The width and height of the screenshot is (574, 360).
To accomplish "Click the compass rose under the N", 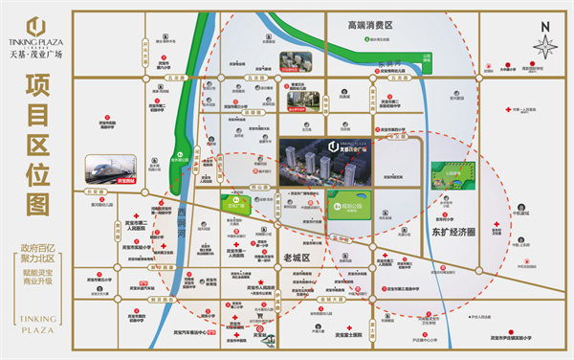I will click(545, 46).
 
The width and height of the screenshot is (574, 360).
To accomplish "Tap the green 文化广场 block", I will click(215, 203).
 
